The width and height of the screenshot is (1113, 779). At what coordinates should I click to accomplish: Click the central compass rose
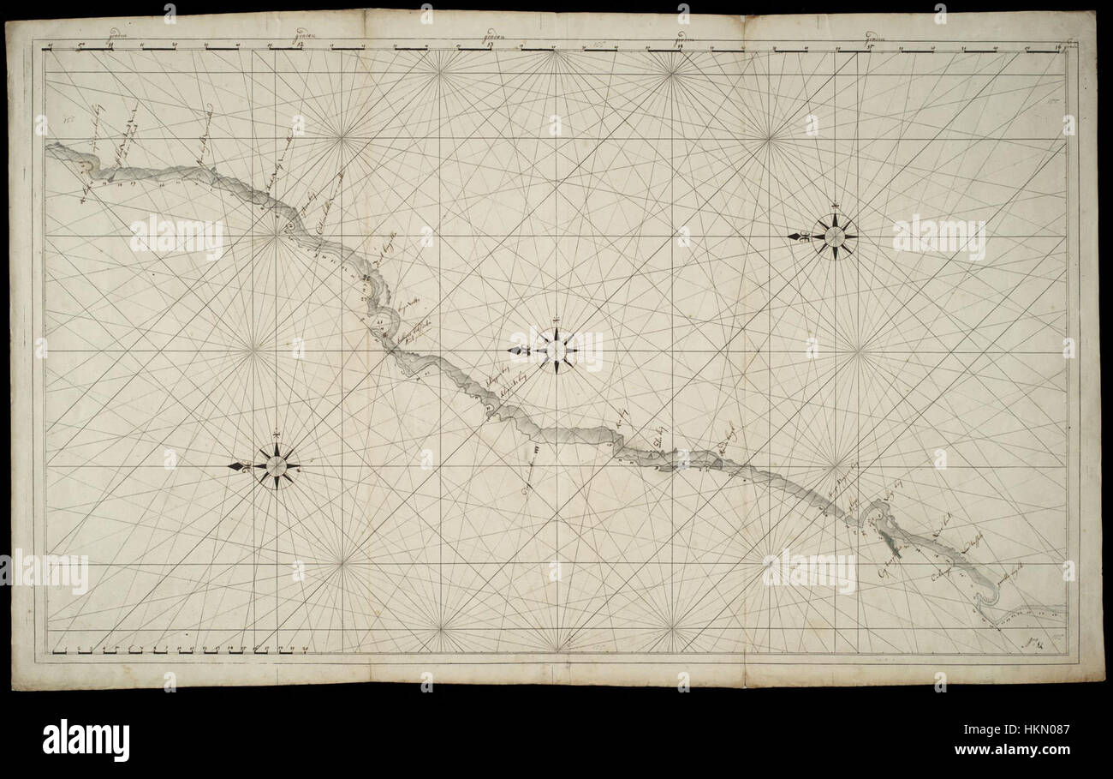pos(556,350)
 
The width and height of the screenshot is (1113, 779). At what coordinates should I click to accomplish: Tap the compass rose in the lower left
pos(277,466)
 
